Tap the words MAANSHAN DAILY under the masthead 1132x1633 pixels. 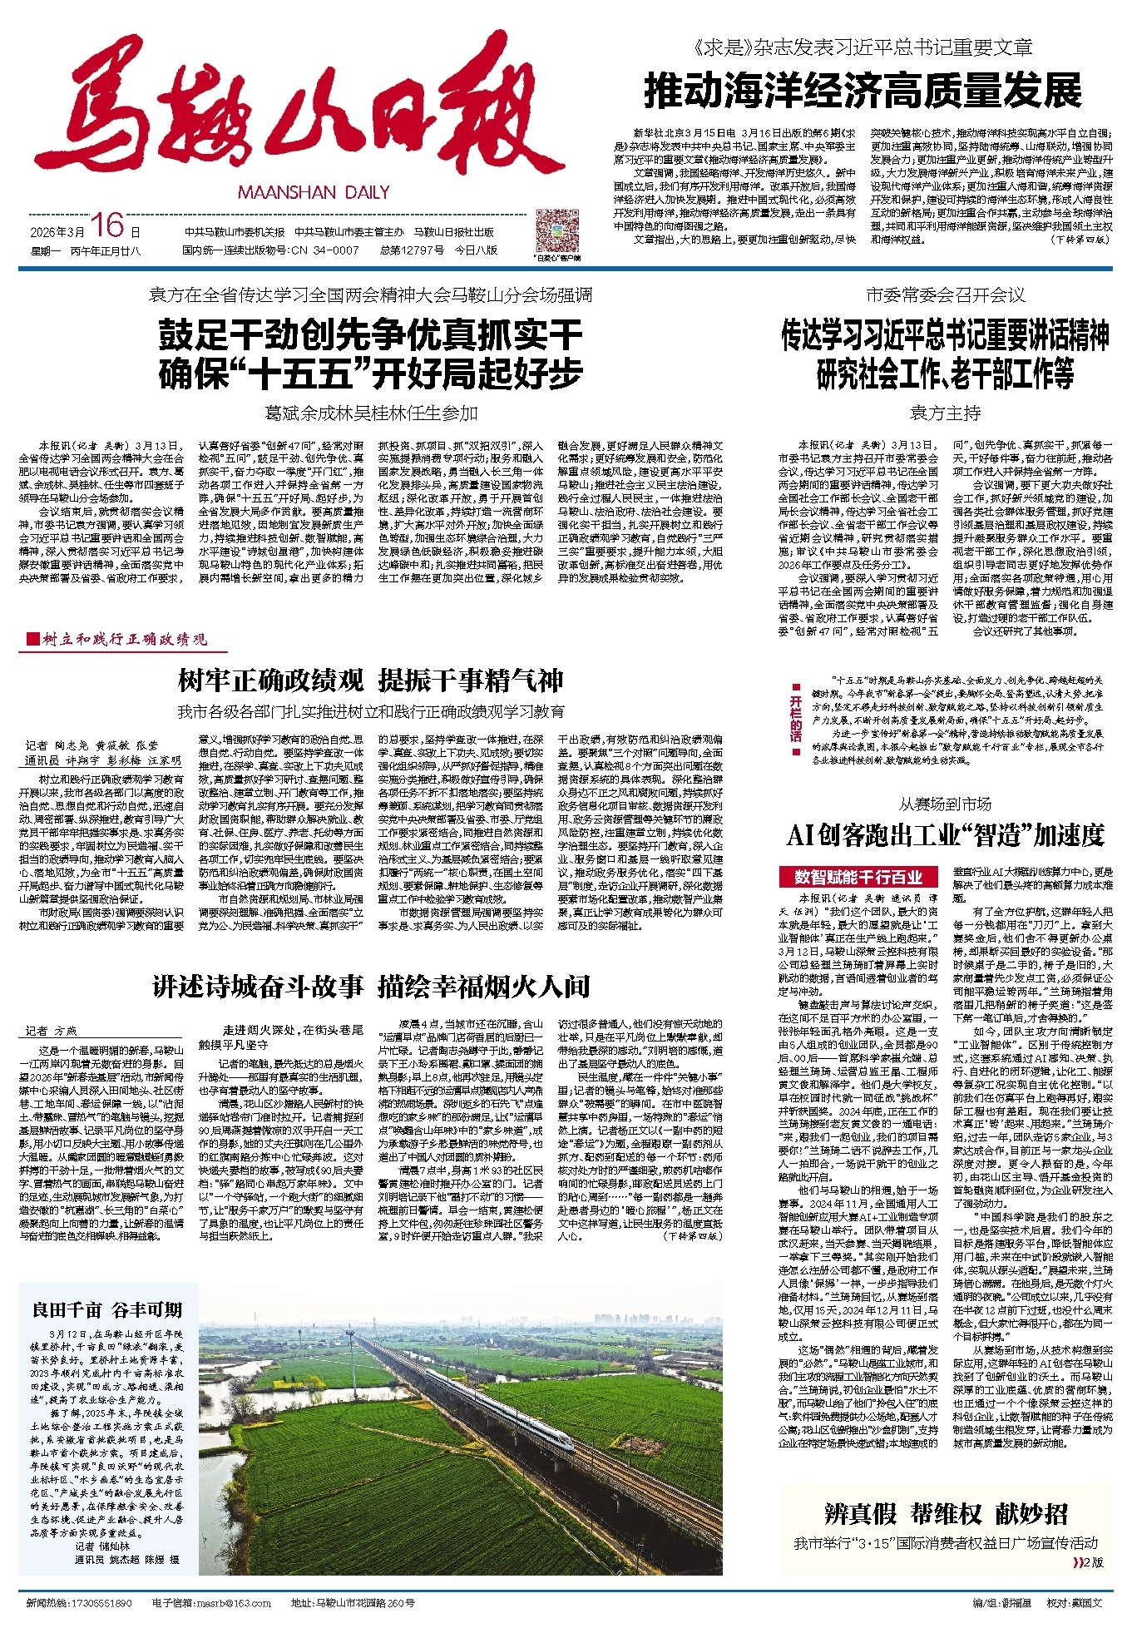tap(314, 192)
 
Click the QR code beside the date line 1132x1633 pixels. tap(556, 232)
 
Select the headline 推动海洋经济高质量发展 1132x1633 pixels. tap(863, 91)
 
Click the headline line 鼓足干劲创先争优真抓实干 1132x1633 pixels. tap(370, 335)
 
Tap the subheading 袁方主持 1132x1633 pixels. tap(945, 413)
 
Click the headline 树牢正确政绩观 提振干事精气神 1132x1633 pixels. tap(370, 680)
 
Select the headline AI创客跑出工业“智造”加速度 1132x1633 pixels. tap(945, 834)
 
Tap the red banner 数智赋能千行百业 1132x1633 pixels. tap(858, 877)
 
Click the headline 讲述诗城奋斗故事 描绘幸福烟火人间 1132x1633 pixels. tap(370, 987)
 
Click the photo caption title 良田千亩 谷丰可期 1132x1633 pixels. tap(107, 1309)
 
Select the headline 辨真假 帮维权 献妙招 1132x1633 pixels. tap(945, 1513)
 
